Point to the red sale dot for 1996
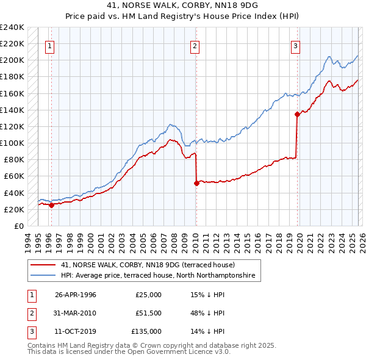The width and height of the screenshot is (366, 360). pyautogui.click(x=51, y=205)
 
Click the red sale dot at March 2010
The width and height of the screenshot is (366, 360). pyautogui.click(x=196, y=183)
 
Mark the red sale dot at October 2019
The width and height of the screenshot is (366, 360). pyautogui.click(x=297, y=114)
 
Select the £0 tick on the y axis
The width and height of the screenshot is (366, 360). pyautogui.click(x=18, y=226)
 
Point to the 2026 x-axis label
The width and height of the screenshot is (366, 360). pyautogui.click(x=362, y=241)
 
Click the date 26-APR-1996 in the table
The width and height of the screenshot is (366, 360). pyautogui.click(x=75, y=295)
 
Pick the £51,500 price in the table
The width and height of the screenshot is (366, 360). pyautogui.click(x=148, y=313)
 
